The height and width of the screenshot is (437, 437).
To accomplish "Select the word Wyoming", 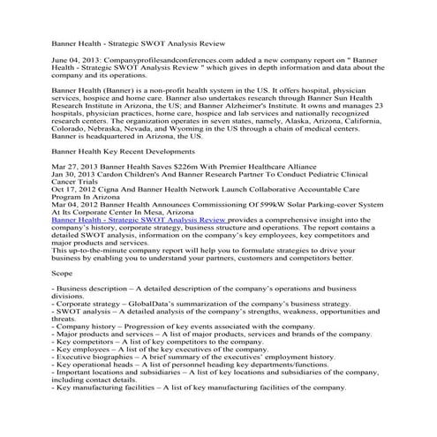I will pos(187,150).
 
